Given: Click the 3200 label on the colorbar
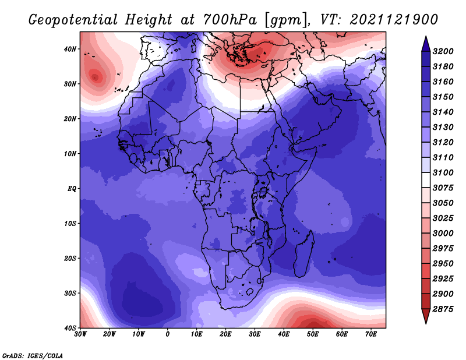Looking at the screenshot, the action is tap(443, 51).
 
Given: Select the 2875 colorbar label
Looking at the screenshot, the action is tap(443, 309).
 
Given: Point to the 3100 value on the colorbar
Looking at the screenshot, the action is tap(443, 172).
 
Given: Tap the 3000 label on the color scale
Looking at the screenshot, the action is tap(443, 234).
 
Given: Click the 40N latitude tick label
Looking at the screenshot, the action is tap(70, 49).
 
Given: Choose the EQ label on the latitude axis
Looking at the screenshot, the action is tap(72, 189).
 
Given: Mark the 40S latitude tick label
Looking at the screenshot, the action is tap(70, 328).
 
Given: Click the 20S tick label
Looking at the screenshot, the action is tap(70, 258).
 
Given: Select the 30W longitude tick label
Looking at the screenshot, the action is tap(80, 334).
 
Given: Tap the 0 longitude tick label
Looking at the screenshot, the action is tap(168, 334).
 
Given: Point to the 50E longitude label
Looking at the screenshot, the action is tap(313, 334).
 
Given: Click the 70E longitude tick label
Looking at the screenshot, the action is tap(371, 334).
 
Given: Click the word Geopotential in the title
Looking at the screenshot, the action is tap(73, 20).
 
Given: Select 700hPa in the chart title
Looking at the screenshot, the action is tap(230, 20).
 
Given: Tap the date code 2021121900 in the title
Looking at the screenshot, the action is tap(394, 20).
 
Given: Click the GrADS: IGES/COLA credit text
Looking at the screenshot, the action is tap(33, 356).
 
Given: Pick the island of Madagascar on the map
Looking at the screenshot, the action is tap(304, 254).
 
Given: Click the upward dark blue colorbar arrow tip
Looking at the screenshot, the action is tap(426, 37).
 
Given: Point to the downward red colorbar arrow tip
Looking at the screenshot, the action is tap(426, 323).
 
